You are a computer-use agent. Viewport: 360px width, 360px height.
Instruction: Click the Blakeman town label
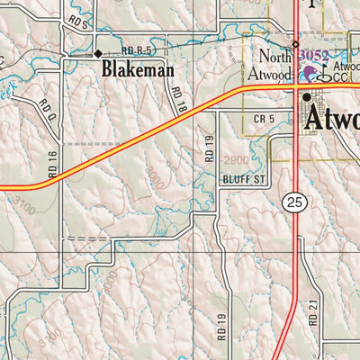coord(137,69)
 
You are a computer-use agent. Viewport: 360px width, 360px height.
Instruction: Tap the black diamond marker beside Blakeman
coord(98,54)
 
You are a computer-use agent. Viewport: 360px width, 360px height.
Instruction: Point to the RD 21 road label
coord(314,310)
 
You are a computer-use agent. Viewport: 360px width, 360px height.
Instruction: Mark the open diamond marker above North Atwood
coord(294,44)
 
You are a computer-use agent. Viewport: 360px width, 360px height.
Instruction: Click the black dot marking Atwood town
coord(307,97)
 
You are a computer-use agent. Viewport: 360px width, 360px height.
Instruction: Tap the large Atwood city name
coord(334,119)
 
